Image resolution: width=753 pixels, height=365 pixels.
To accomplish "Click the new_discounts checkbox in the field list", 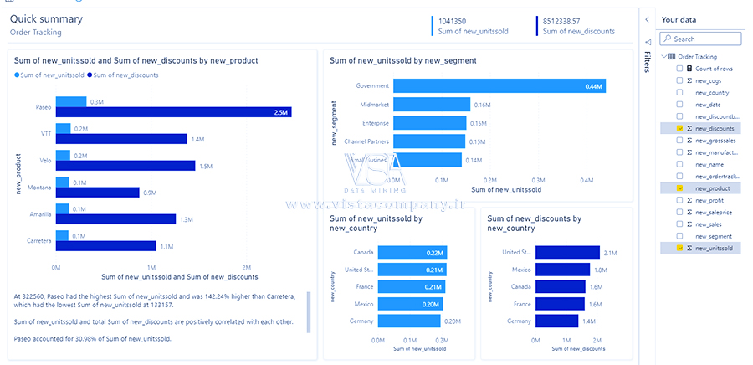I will pyautogui.click(x=680, y=129).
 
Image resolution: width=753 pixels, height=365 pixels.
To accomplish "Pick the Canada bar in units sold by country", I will pyautogui.click(x=412, y=252).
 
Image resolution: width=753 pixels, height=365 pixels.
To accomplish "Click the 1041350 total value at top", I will pyautogui.click(x=453, y=21).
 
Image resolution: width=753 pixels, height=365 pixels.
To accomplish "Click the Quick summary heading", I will pyautogui.click(x=46, y=18).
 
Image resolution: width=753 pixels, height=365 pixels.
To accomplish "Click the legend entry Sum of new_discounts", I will pyautogui.click(x=125, y=75).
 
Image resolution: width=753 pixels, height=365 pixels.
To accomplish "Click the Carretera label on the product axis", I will pyautogui.click(x=39, y=241).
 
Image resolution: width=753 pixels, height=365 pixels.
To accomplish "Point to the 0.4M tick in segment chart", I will pyautogui.click(x=587, y=179).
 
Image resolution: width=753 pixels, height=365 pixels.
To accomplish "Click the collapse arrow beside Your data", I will pyautogui.click(x=647, y=19).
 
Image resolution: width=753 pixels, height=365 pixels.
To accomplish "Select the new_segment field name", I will pyautogui.click(x=714, y=237).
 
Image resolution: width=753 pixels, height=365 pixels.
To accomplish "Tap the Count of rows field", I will pyautogui.click(x=714, y=69).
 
